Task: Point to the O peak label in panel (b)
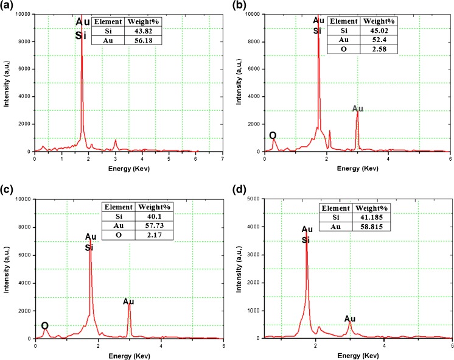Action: [x=272, y=135]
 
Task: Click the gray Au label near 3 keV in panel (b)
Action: [x=358, y=108]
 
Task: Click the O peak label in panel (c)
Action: [x=44, y=326]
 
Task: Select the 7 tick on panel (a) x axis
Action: [x=223, y=159]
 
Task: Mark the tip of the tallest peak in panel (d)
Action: [x=306, y=229]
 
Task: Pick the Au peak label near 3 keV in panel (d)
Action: [x=350, y=319]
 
